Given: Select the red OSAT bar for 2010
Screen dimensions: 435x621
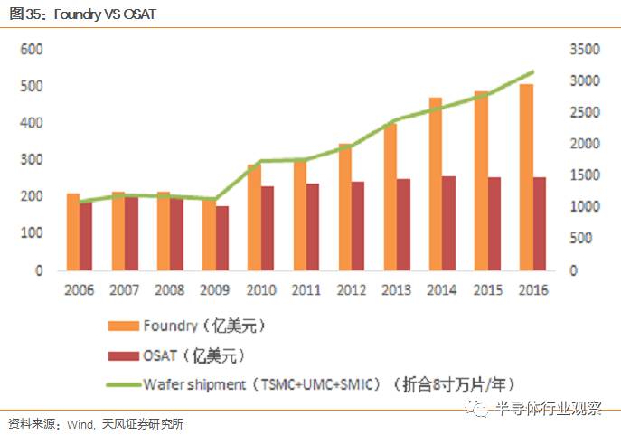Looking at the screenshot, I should click(x=267, y=229).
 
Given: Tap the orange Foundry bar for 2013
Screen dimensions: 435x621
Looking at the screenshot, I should click(x=390, y=196).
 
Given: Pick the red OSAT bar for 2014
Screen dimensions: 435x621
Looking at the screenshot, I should click(x=448, y=223).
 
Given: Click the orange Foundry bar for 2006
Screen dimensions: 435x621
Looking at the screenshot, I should click(x=73, y=232).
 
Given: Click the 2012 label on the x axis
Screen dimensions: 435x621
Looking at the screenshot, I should click(x=351, y=289).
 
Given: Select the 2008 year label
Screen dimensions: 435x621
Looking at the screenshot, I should click(x=169, y=289).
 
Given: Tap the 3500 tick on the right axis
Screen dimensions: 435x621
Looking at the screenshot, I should click(x=584, y=49).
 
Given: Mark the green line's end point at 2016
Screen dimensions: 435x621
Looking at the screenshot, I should click(x=532, y=71).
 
